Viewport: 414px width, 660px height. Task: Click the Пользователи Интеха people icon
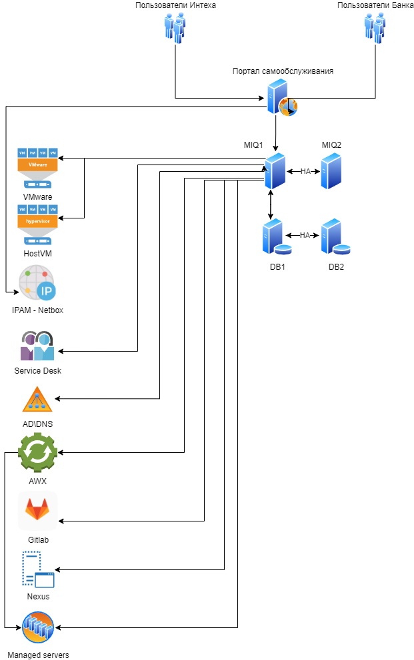click(x=175, y=27)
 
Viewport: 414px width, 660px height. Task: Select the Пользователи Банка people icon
click(x=375, y=27)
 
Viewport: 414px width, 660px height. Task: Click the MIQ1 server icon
click(x=275, y=171)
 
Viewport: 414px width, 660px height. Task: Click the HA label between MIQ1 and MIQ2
click(x=305, y=172)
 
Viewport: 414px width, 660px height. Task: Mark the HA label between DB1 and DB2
click(x=305, y=235)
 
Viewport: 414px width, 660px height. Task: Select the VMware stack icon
click(x=37, y=168)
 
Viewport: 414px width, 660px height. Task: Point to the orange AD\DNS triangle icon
click(x=37, y=400)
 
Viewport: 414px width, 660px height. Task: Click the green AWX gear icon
click(x=37, y=453)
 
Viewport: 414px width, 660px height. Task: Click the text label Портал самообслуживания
click(x=283, y=71)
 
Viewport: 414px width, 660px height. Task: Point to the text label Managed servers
click(x=38, y=655)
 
